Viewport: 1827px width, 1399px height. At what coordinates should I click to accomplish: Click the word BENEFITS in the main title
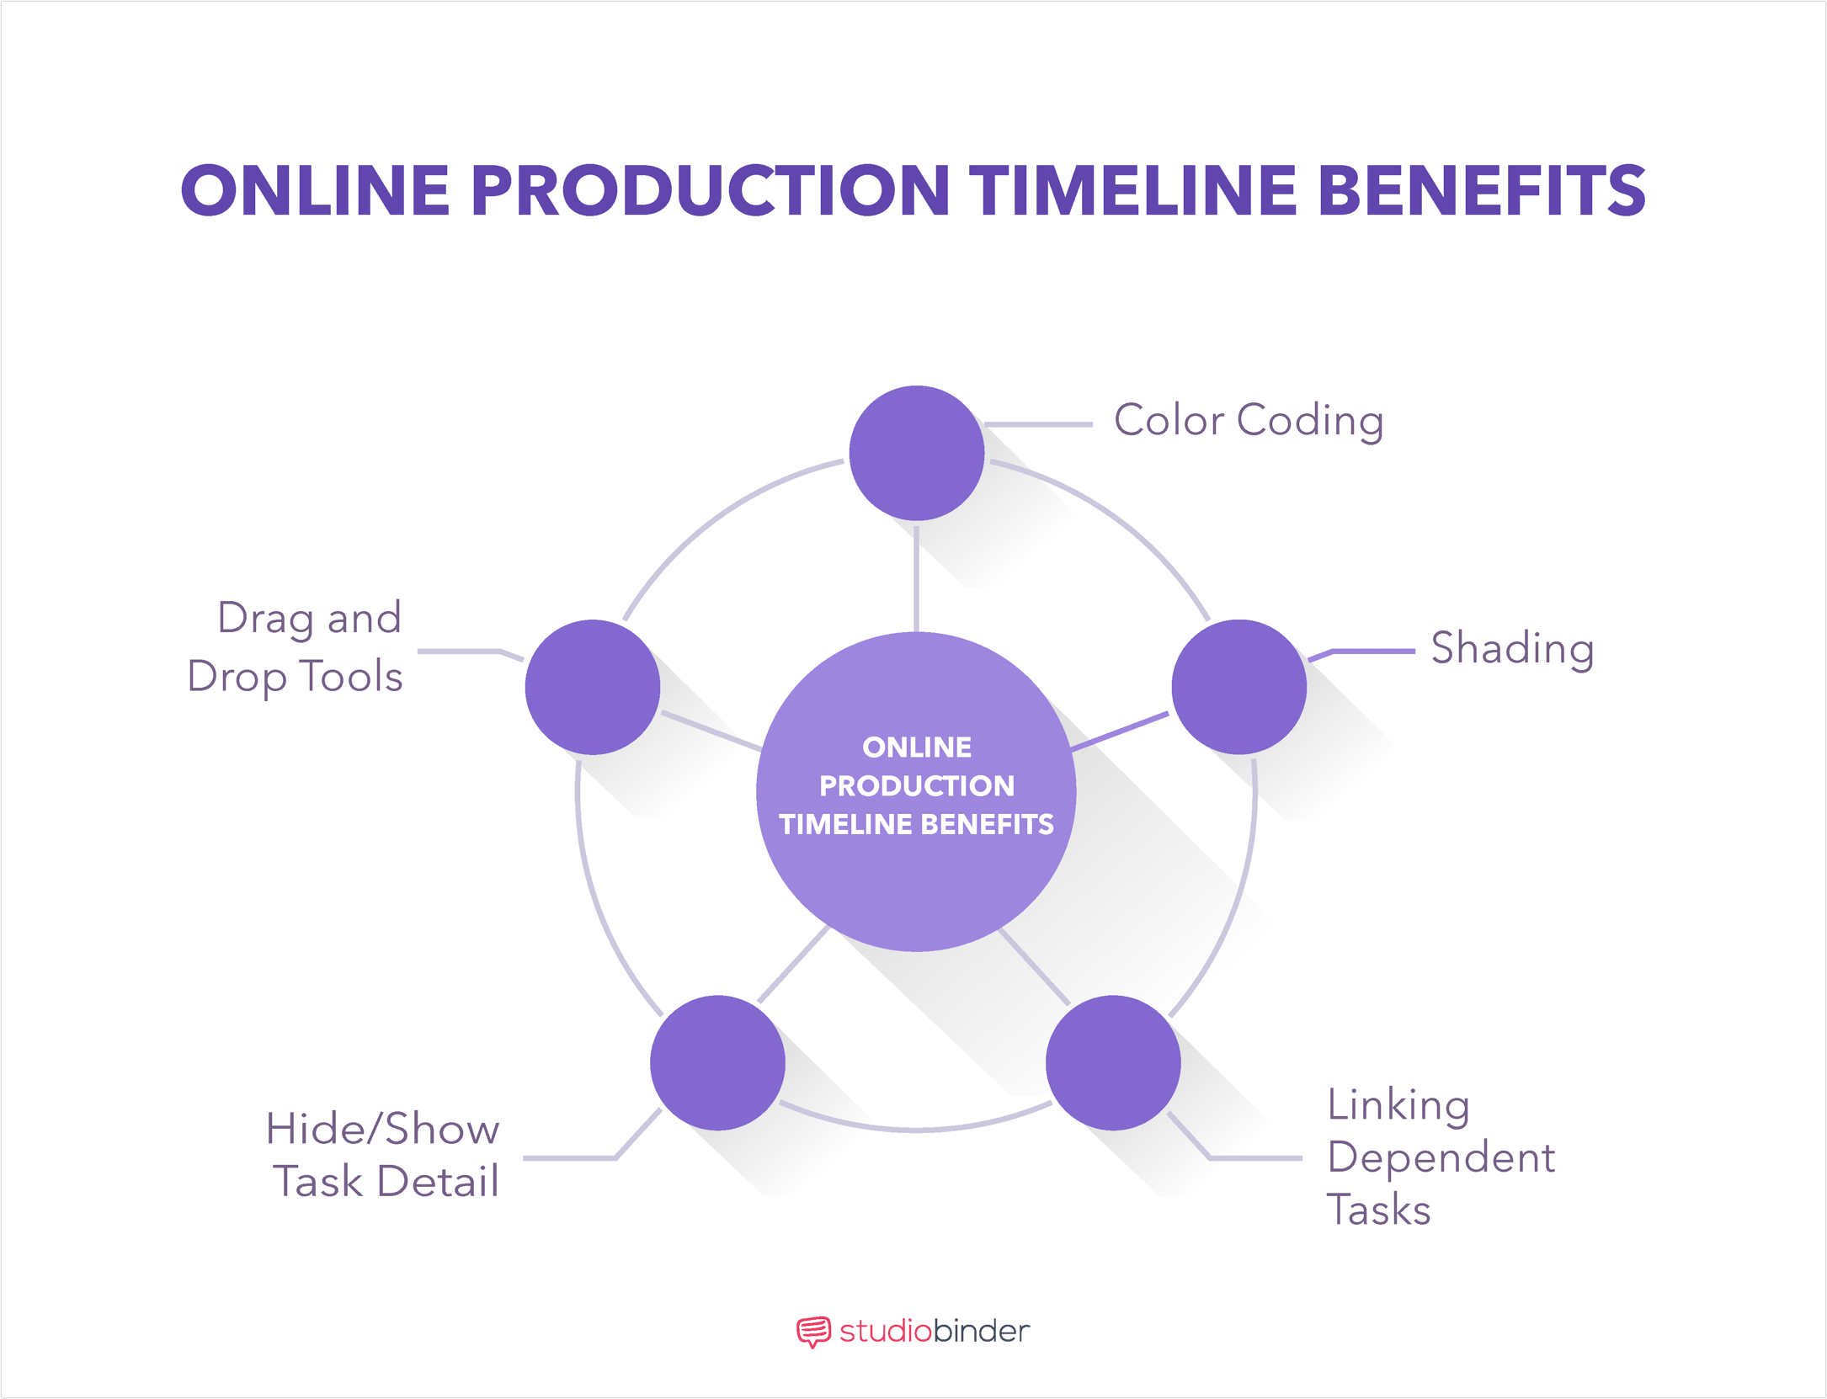coord(1481,190)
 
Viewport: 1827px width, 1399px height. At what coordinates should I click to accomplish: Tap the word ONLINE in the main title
coord(316,190)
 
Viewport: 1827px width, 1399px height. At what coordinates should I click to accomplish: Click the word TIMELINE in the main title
coord(1133,190)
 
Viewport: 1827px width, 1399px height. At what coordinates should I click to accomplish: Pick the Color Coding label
coord(1249,420)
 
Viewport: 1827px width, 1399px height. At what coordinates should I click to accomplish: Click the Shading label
coord(1512,649)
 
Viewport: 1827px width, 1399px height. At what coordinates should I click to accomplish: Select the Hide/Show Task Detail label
coord(384,1155)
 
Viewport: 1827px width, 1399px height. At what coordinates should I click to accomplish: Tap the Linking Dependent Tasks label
coord(1440,1157)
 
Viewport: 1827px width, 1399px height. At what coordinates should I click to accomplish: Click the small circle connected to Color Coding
coord(916,453)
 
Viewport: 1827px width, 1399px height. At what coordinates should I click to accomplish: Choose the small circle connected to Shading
coord(1238,687)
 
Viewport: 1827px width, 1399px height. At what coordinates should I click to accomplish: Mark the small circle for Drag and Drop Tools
coord(592,687)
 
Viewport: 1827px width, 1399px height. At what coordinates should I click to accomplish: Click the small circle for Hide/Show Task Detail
coord(717,1062)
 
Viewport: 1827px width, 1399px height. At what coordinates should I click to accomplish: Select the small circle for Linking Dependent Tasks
coord(1112,1062)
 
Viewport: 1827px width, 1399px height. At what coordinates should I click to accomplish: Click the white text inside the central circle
coord(916,786)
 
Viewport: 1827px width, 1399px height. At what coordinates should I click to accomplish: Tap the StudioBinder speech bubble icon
coord(812,1332)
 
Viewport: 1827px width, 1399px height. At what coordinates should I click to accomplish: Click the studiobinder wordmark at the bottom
coord(934,1331)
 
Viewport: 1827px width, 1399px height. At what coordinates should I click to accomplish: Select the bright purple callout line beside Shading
coord(1372,651)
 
